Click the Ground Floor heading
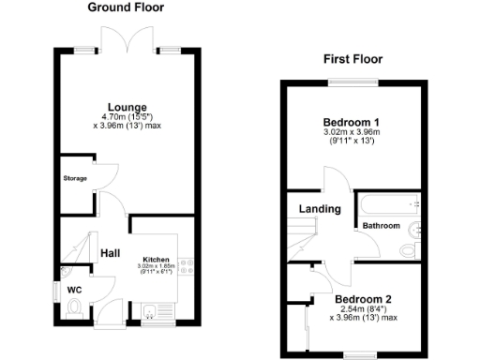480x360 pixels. click(126, 7)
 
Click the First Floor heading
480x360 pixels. click(354, 59)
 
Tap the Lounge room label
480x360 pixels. click(127, 106)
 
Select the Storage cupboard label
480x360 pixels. click(75, 177)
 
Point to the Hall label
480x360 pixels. click(110, 253)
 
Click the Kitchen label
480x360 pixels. click(155, 259)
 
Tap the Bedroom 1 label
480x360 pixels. click(351, 123)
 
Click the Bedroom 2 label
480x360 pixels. click(363, 300)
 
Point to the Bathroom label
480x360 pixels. click(382, 226)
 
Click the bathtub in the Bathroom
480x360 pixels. click(388, 203)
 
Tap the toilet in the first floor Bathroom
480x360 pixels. click(409, 249)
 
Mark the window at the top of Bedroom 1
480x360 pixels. click(353, 84)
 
